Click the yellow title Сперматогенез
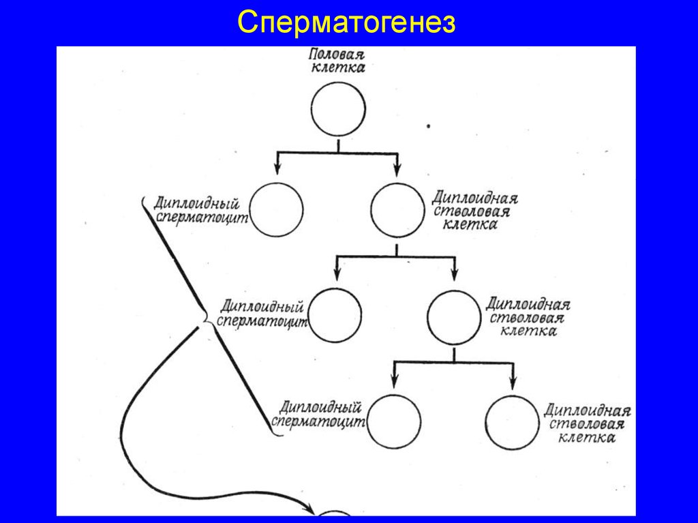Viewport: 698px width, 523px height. click(x=346, y=23)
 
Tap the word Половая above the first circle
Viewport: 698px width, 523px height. click(x=338, y=55)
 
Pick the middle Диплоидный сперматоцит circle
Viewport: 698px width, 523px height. click(x=335, y=315)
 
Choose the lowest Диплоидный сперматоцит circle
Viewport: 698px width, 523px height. click(x=393, y=421)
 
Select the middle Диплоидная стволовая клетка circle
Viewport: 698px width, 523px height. click(x=454, y=317)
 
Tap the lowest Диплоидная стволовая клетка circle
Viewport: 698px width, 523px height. click(x=513, y=423)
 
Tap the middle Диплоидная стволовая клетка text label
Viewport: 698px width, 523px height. click(x=529, y=317)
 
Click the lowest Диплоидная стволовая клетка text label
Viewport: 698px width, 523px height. click(x=587, y=423)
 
